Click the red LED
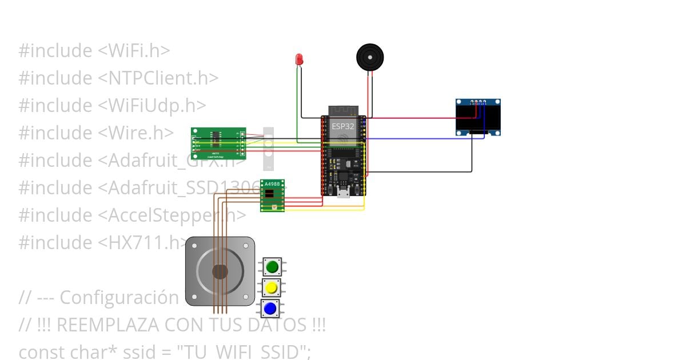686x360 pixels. (299, 59)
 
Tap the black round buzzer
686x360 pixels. (370, 57)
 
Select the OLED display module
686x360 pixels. (478, 118)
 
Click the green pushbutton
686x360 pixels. (272, 266)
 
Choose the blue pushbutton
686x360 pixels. (270, 309)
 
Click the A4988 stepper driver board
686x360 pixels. (273, 195)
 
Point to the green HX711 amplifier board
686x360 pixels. (218, 143)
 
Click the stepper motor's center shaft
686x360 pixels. (220, 271)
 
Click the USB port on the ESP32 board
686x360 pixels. (344, 193)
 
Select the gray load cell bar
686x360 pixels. (268, 149)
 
